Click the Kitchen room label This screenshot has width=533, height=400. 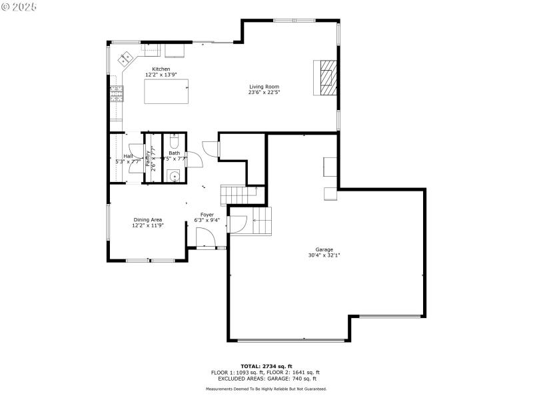[161, 69]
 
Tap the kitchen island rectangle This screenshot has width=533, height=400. [167, 91]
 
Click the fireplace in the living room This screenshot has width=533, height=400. [326, 77]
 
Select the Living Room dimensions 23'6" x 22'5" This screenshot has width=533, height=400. [264, 93]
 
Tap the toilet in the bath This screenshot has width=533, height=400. [174, 142]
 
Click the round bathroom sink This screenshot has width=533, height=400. [174, 176]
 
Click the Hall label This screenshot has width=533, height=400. [127, 155]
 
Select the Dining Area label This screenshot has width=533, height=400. [147, 219]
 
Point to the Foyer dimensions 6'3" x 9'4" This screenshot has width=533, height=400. [207, 220]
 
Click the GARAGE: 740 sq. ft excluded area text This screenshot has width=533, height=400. [293, 378]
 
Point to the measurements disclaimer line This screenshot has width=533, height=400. [266, 389]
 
